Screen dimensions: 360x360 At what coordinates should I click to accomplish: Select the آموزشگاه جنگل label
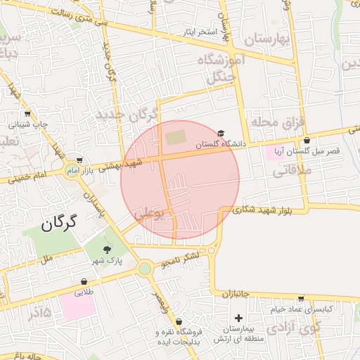233,69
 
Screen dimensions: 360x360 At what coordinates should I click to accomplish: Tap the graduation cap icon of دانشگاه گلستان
221,133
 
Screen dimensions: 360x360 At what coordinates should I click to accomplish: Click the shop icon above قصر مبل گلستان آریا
307,141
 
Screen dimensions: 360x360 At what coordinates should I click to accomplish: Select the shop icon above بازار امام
79,160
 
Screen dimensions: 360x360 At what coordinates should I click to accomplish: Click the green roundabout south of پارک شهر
145,268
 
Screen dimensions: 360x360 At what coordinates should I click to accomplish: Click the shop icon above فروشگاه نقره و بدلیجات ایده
178,321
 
